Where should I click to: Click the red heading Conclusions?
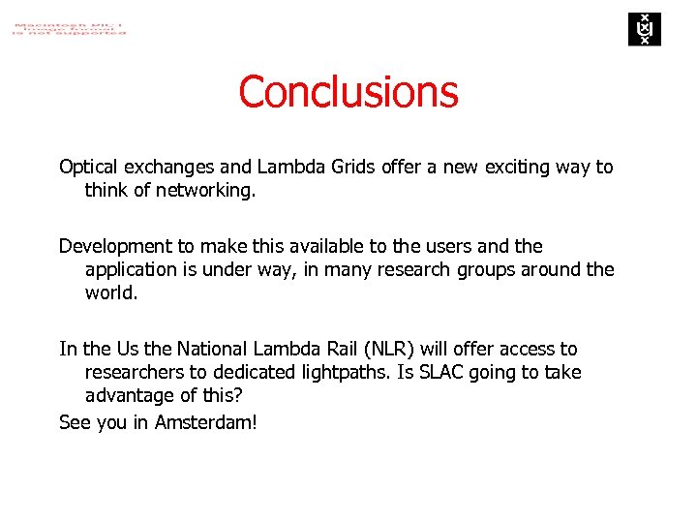(348, 92)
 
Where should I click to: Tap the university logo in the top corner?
(643, 29)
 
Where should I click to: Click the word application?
(135, 269)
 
